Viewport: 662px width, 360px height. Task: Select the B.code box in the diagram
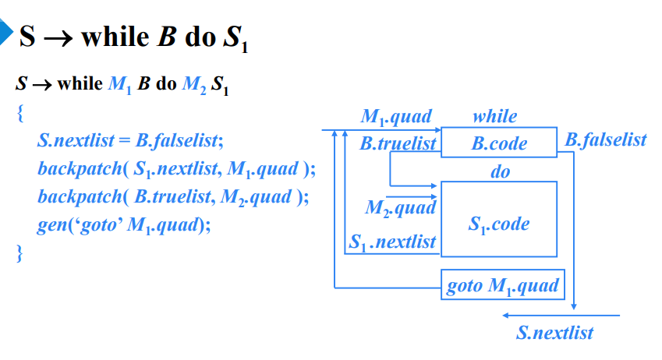click(x=499, y=143)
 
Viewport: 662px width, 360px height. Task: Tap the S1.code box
click(x=499, y=224)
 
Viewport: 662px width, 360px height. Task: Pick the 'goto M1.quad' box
click(x=503, y=286)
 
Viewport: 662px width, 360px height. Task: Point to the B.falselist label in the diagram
click(x=606, y=139)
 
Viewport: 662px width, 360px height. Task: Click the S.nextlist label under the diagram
click(x=554, y=333)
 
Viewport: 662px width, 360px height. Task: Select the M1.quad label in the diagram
click(x=396, y=117)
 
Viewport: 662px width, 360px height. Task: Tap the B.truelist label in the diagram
click(x=398, y=143)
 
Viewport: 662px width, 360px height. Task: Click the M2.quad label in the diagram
click(x=400, y=208)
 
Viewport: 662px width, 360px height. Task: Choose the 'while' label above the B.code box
click(x=494, y=117)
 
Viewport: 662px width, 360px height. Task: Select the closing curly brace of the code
click(x=20, y=253)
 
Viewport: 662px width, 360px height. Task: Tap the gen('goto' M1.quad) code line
click(x=124, y=225)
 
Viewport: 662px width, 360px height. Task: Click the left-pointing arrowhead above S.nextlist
click(x=507, y=316)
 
